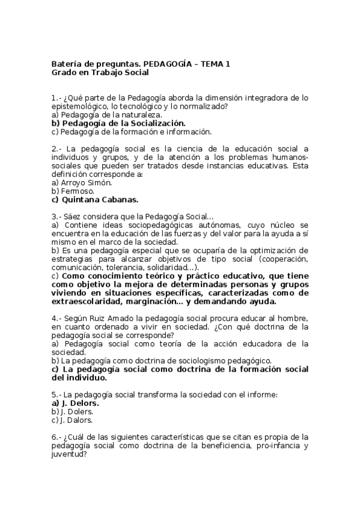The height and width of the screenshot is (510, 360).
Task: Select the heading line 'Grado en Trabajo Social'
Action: click(99, 73)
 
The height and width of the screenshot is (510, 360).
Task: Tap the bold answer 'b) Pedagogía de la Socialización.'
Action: click(118, 123)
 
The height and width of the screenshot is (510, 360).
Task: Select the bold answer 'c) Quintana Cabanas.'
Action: click(95, 199)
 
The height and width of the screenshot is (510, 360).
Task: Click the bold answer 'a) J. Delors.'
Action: click(75, 403)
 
